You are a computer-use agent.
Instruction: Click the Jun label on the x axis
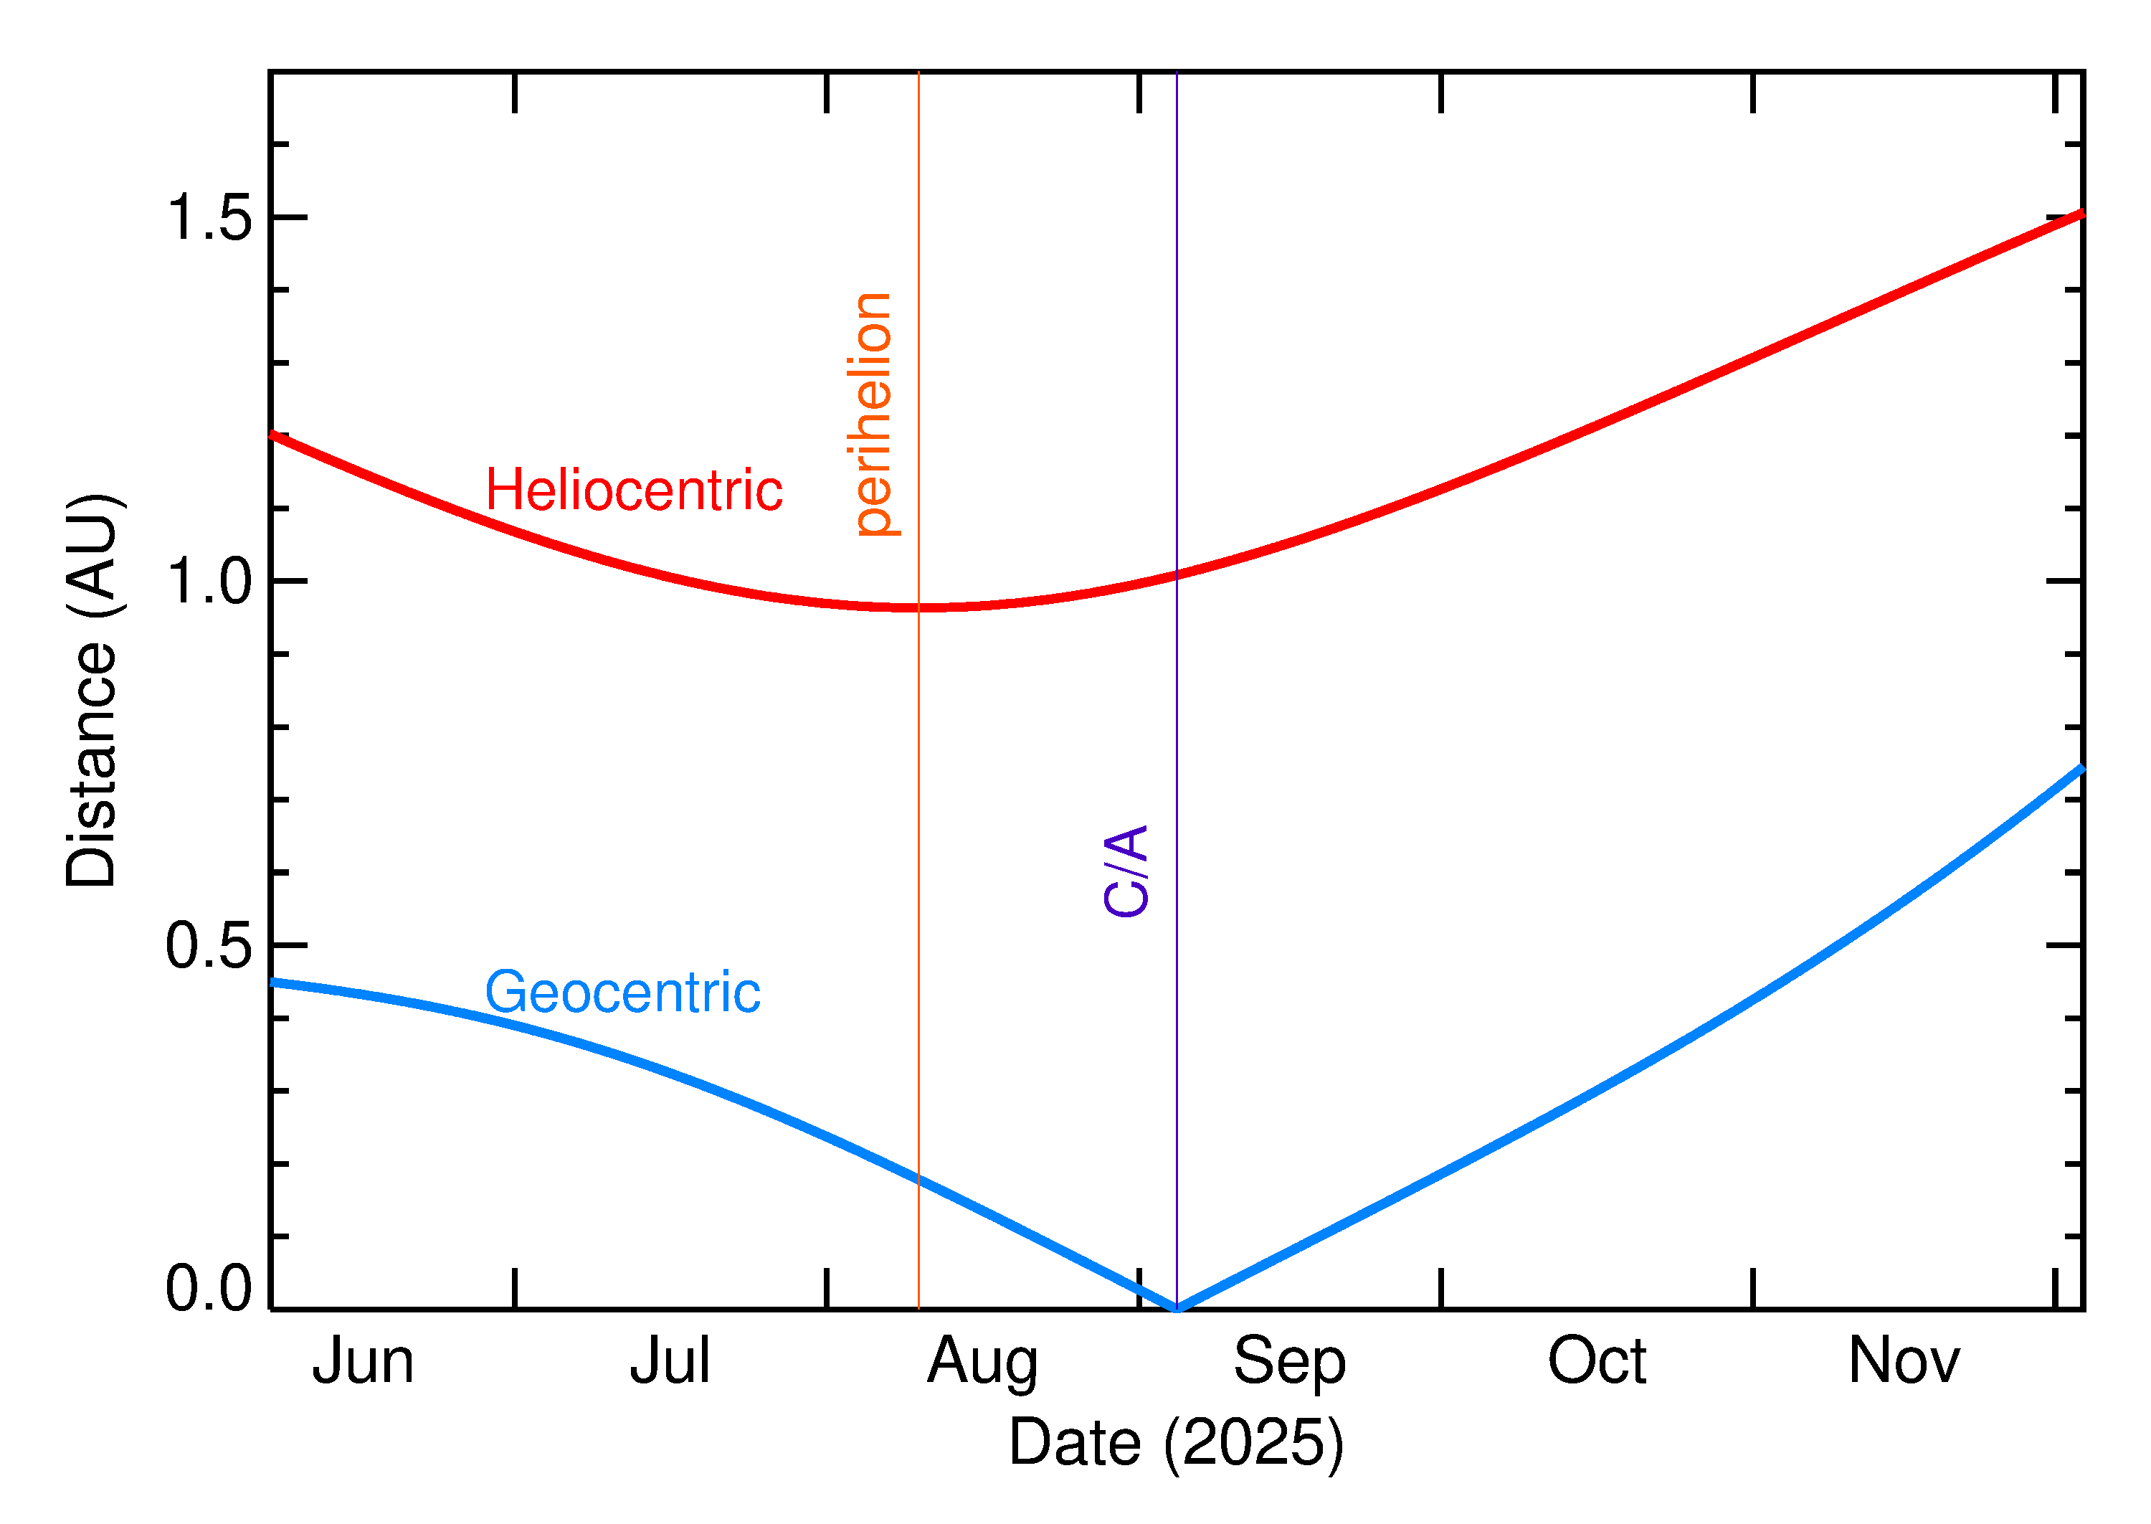click(x=363, y=1362)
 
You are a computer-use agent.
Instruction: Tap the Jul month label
click(x=670, y=1362)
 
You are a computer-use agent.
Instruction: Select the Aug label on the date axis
click(x=982, y=1363)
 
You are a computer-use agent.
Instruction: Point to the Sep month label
click(x=1289, y=1363)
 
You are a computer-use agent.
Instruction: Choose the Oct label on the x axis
click(x=1597, y=1362)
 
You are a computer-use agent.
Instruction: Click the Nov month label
click(x=1904, y=1362)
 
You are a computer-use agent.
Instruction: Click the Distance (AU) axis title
click(x=92, y=690)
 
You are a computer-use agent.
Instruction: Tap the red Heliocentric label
click(x=633, y=490)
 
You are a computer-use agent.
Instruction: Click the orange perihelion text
click(x=874, y=414)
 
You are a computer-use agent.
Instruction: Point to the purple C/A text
click(x=1126, y=871)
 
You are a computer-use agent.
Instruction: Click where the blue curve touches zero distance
click(x=1177, y=1307)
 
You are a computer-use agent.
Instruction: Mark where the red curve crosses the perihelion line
click(x=918, y=608)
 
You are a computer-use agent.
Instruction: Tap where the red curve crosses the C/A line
click(x=1177, y=574)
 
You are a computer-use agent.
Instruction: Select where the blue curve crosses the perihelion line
click(x=918, y=1178)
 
